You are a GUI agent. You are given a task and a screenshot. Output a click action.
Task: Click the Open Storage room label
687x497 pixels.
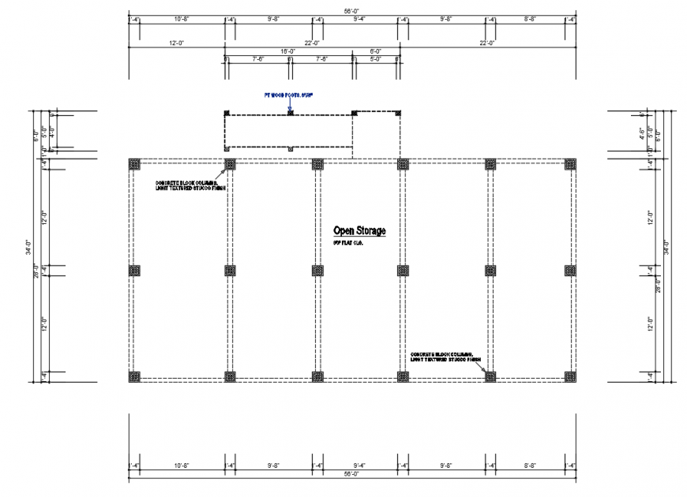click(359, 230)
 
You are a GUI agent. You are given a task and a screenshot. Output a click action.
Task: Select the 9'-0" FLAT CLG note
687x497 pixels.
click(347, 243)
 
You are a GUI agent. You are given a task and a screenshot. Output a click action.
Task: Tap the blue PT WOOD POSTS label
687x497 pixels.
click(288, 95)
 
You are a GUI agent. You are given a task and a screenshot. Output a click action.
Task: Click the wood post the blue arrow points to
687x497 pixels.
click(291, 113)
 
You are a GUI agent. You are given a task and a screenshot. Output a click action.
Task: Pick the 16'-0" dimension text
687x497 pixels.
click(288, 51)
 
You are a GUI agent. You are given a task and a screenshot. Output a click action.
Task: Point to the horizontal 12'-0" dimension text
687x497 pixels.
click(177, 43)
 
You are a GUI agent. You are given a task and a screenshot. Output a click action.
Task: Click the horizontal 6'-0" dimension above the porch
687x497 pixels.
click(376, 51)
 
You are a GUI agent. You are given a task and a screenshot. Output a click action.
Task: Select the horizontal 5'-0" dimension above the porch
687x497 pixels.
click(376, 59)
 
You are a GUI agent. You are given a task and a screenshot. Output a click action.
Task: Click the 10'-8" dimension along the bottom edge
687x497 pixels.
click(181, 465)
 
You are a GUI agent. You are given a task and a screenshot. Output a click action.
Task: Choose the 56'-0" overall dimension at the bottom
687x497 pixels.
click(351, 474)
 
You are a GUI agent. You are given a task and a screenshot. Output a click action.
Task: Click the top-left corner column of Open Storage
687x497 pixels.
click(134, 164)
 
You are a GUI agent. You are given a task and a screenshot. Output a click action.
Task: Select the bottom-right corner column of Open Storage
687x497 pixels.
click(570, 376)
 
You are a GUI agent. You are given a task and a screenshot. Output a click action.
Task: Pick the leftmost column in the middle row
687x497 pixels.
click(134, 271)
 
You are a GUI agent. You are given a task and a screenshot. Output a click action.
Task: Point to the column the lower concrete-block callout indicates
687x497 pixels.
click(490, 376)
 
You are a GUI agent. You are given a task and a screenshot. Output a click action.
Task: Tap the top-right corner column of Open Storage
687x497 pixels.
click(570, 164)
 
